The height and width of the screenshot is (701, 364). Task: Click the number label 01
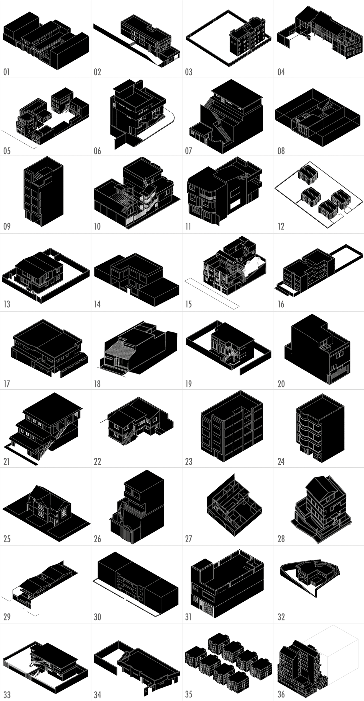(6, 72)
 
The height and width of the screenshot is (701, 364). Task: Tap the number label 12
(281, 227)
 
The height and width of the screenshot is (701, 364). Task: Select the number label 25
(7, 539)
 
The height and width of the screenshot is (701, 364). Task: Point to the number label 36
(281, 694)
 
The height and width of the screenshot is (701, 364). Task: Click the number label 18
(97, 384)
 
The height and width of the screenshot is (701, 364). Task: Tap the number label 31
(188, 617)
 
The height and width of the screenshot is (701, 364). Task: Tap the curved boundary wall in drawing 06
(166, 122)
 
